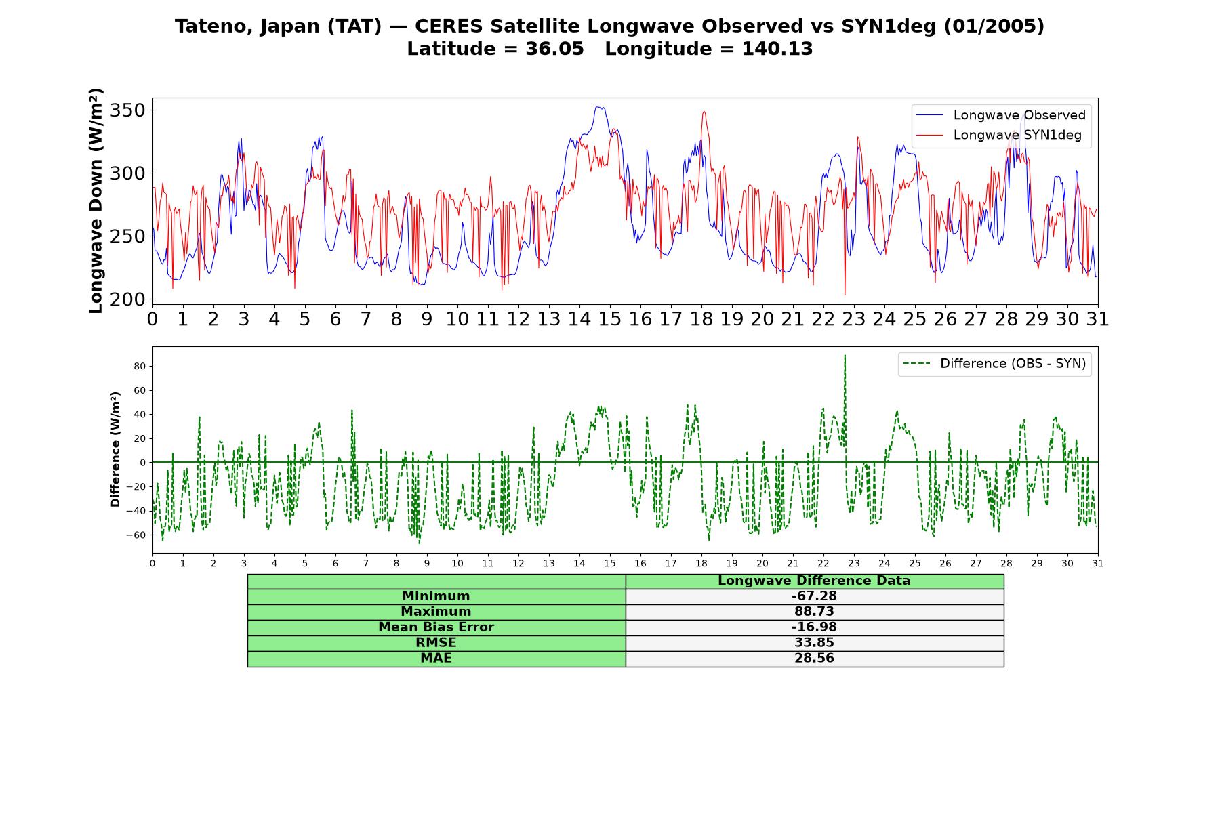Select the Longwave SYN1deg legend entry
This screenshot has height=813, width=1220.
(999, 135)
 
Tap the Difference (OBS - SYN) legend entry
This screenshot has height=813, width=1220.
(995, 364)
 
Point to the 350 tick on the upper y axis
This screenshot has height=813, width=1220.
(128, 110)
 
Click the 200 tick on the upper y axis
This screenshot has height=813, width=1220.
(128, 299)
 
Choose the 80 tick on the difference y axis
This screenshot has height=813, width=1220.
(140, 367)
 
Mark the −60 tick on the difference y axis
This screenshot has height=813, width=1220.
(136, 535)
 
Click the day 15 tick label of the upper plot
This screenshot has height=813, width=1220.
(609, 319)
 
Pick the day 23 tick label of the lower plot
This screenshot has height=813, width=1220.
(853, 564)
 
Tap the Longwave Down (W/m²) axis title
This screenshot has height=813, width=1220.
(96, 201)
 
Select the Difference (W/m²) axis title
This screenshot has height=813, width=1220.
(115, 449)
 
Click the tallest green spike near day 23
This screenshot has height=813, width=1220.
(845, 356)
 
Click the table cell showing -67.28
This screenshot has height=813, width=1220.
(814, 596)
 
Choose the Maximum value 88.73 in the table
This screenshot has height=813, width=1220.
(814, 612)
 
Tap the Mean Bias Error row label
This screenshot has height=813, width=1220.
(436, 627)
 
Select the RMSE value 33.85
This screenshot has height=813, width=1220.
(814, 643)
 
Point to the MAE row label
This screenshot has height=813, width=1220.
(436, 659)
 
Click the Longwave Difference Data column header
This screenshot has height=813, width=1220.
(814, 581)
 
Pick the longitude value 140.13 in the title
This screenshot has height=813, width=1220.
(777, 49)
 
